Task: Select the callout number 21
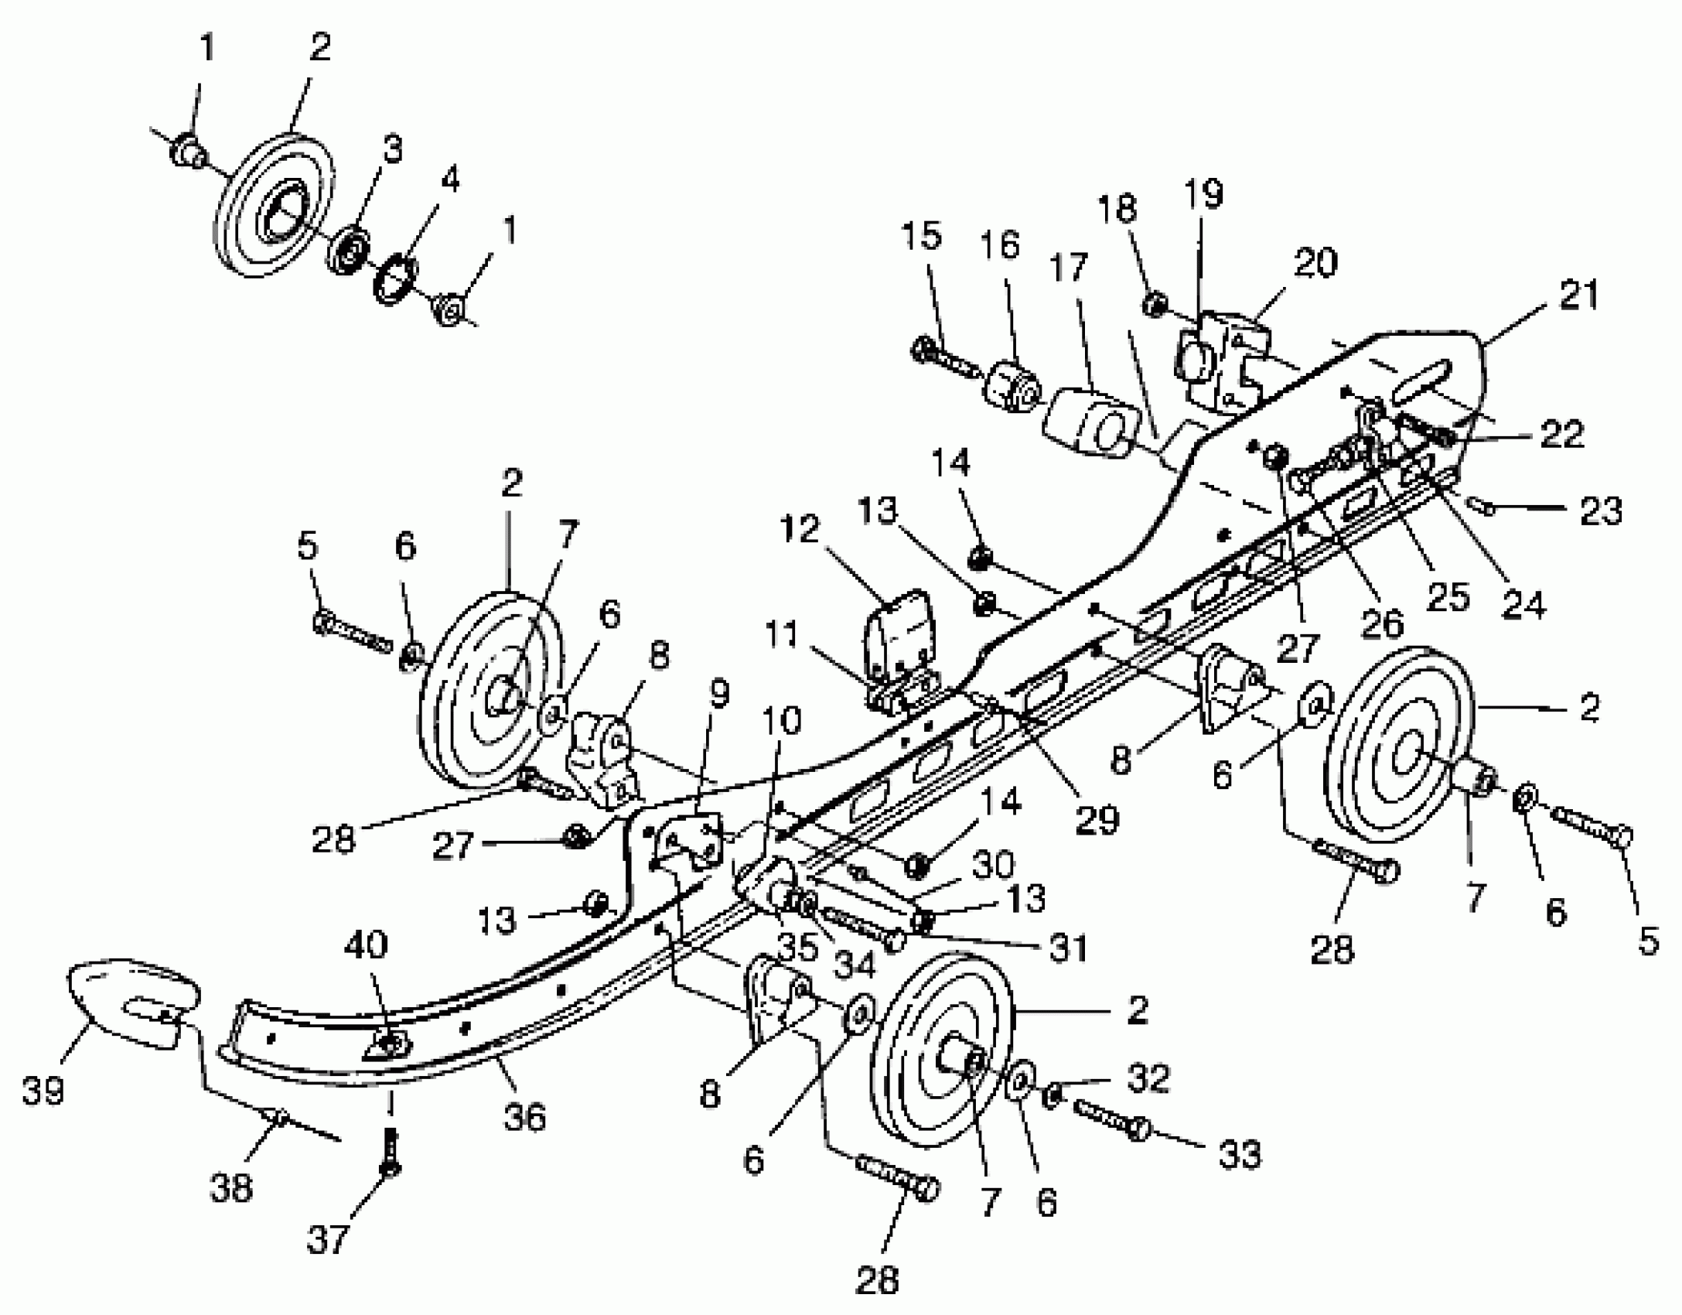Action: [1578, 295]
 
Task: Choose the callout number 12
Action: [800, 529]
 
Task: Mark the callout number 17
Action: [1070, 268]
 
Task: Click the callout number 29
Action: [1097, 818]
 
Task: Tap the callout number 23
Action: [1600, 511]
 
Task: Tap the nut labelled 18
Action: [1154, 303]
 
